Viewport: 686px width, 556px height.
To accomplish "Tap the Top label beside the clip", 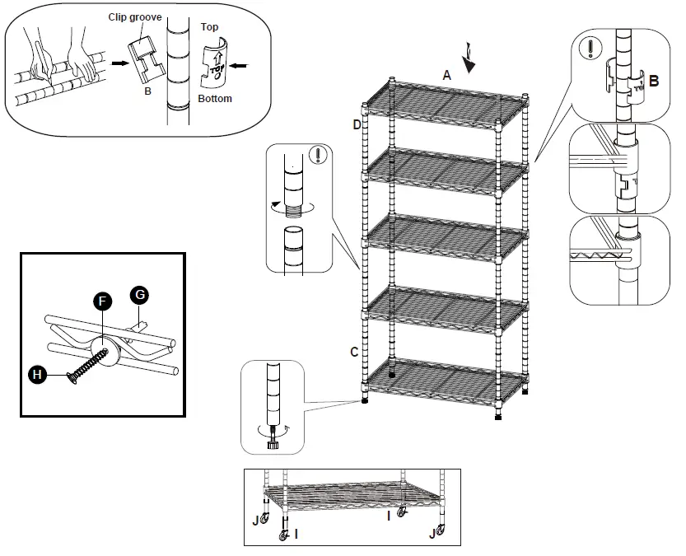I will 210,27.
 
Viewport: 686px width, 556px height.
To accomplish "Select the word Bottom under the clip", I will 214,99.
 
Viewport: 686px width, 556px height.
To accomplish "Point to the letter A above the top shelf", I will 447,74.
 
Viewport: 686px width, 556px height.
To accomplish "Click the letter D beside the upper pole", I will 357,124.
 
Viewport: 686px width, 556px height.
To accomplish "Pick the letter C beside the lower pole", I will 354,352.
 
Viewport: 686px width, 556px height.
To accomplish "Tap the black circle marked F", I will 101,301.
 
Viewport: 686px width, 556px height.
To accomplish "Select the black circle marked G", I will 139,293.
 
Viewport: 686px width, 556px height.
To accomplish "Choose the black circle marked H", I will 37,374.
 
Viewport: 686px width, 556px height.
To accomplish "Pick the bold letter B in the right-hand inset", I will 653,81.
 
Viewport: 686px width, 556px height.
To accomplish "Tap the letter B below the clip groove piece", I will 147,91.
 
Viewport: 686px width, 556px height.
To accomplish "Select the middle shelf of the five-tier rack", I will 445,231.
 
